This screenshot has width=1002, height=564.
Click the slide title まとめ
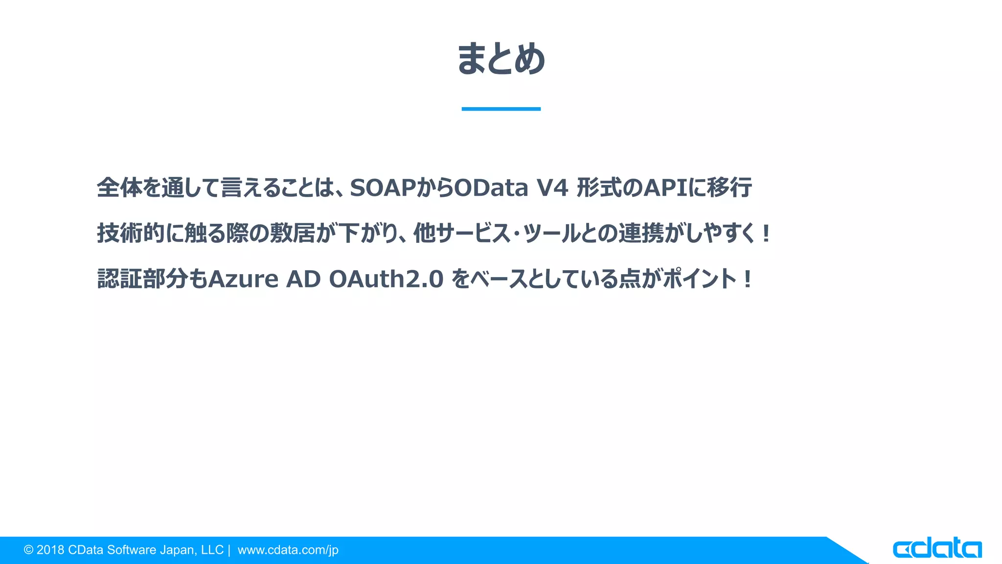[x=501, y=59]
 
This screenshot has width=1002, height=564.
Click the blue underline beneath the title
[x=501, y=109]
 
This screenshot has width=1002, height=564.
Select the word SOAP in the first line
[x=383, y=188]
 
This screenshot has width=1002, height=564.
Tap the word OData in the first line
[x=491, y=188]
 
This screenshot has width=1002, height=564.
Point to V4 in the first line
[x=552, y=188]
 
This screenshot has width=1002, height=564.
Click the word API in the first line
[x=665, y=188]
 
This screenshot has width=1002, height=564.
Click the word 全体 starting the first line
[x=119, y=188]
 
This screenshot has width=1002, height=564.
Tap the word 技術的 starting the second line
[x=131, y=233]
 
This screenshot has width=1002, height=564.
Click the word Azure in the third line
[x=243, y=279]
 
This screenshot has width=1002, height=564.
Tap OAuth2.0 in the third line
[x=386, y=279]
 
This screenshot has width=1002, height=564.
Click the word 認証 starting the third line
[x=119, y=279]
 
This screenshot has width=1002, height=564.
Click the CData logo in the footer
[x=937, y=548]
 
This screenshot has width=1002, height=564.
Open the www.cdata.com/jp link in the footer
[x=288, y=550]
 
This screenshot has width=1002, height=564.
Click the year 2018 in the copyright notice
[x=50, y=550]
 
